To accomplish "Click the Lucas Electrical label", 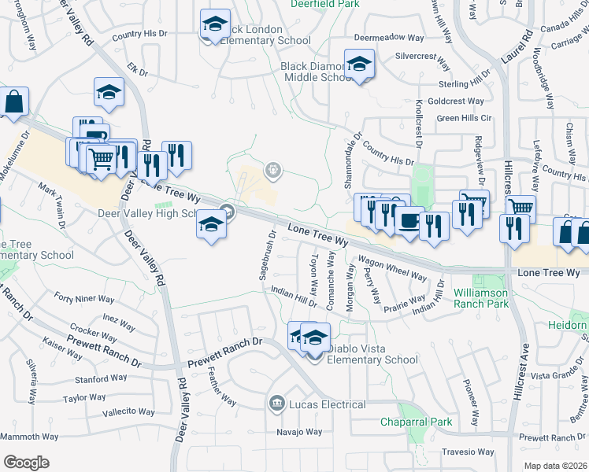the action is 327,404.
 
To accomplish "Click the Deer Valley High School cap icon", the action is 211,225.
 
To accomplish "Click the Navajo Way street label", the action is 299,432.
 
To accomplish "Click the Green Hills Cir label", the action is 464,118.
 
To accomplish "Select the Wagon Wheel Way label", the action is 391,269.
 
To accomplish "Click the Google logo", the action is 25,463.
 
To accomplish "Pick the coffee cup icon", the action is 408,220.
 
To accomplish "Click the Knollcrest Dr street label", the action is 418,122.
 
